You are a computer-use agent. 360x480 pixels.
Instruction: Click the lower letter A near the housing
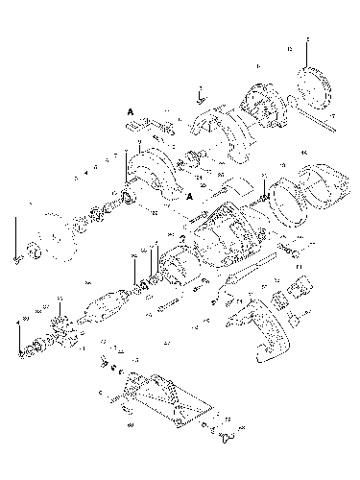(190, 195)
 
